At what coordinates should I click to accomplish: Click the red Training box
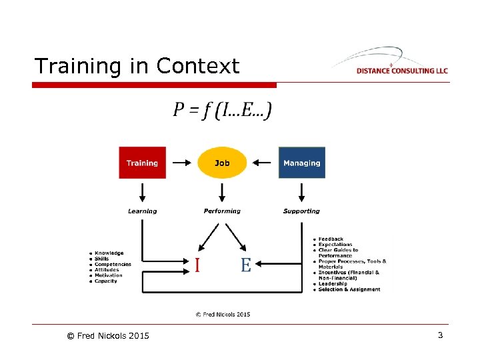[142, 163]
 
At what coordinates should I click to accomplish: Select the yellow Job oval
[222, 163]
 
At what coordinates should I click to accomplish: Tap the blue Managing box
[301, 163]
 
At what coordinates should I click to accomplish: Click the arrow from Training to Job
[179, 162]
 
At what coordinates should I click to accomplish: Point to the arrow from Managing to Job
[264, 162]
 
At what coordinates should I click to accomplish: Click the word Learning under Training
[142, 211]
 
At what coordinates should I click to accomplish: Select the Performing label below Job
[222, 211]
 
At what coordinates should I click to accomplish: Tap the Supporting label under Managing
[301, 211]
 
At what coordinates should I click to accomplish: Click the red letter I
[197, 265]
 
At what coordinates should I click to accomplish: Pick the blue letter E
[245, 265]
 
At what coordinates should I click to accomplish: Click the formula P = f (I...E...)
[222, 110]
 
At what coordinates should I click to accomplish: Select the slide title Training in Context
[137, 66]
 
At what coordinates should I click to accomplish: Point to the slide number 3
[440, 335]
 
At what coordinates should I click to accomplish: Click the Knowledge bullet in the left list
[109, 253]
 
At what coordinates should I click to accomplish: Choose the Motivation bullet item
[109, 275]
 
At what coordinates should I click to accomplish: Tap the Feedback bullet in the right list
[331, 239]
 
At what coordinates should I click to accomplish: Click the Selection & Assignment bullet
[349, 289]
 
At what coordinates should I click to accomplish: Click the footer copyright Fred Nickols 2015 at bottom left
[108, 335]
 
